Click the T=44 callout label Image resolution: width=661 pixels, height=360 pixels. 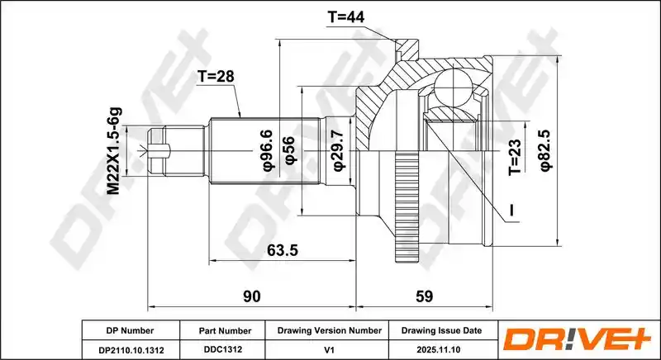click(x=345, y=17)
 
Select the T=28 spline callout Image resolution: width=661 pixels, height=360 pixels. click(x=216, y=76)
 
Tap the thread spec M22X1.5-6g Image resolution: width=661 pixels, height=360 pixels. click(x=113, y=151)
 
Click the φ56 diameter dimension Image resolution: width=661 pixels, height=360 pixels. click(x=290, y=150)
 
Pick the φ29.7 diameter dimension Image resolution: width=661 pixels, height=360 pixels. click(x=339, y=150)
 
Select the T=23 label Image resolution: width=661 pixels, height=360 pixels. click(x=515, y=157)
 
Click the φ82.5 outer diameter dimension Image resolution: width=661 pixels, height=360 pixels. click(x=545, y=150)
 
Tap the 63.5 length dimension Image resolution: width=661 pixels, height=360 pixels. click(x=283, y=250)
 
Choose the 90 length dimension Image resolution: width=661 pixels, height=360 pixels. click(x=252, y=296)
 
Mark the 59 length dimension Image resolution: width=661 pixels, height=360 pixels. click(x=424, y=296)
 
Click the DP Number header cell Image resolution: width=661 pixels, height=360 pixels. click(x=131, y=331)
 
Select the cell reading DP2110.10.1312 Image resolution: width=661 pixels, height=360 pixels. click(x=131, y=350)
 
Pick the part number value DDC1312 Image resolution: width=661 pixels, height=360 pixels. click(x=222, y=350)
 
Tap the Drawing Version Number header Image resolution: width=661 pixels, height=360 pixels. click(x=329, y=331)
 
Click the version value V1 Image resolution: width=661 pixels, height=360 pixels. click(x=329, y=350)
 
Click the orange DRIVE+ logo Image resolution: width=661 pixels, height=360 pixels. click(x=577, y=340)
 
